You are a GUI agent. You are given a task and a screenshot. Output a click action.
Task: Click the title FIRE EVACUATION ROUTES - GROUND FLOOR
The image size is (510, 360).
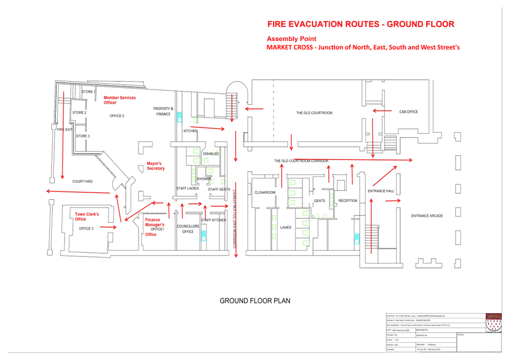(361, 24)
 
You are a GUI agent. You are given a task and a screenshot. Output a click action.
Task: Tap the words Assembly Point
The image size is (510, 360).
(291, 39)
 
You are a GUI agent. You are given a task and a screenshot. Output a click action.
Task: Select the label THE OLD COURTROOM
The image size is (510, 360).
(314, 113)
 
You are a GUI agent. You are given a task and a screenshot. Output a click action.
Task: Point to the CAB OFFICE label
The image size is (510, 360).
(408, 112)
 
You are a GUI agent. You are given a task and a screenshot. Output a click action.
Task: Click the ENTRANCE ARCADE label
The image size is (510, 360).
(427, 216)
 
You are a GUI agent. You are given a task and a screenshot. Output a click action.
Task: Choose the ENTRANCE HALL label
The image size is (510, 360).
(381, 191)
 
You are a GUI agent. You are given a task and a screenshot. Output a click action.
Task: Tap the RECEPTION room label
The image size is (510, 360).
(348, 201)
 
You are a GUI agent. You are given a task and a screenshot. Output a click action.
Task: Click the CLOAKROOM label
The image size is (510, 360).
(265, 192)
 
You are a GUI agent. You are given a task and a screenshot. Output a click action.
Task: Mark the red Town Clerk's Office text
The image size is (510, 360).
(87, 217)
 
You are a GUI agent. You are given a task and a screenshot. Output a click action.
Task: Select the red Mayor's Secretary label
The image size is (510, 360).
(156, 166)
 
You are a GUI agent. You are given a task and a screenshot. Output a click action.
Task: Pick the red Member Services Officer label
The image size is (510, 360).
(120, 100)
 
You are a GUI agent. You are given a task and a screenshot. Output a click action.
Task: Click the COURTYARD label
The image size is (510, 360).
(82, 182)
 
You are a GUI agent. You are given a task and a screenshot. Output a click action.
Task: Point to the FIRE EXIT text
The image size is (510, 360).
(65, 130)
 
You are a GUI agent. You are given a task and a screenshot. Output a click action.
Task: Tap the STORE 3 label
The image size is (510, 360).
(82, 136)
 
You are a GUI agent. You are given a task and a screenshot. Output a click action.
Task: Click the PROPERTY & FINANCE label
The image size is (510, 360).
(163, 111)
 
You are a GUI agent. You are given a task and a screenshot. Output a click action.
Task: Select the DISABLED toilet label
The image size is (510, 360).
(211, 154)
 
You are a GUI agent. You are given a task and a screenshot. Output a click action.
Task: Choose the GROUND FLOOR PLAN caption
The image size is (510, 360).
(254, 301)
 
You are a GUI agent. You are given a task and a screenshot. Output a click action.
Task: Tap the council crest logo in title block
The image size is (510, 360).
(494, 322)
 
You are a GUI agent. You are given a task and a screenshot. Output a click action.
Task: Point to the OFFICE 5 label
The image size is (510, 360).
(117, 116)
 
